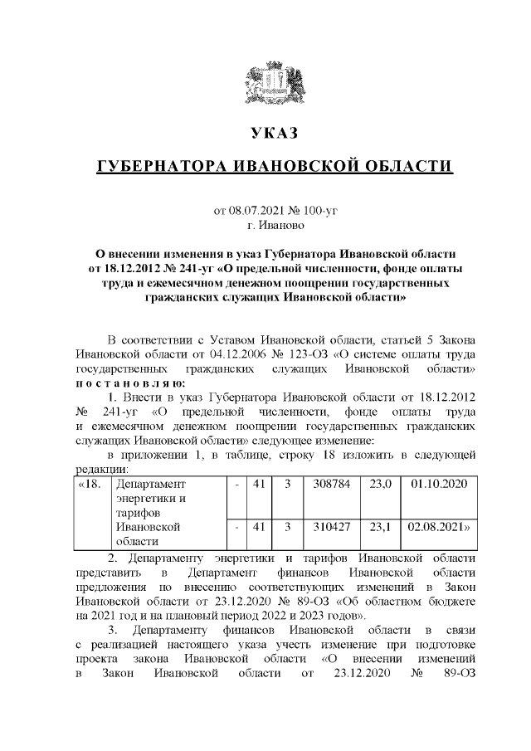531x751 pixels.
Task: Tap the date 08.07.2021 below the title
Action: [x=254, y=210]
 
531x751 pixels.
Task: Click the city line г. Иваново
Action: [x=275, y=225]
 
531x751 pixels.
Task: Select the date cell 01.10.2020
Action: [x=439, y=483]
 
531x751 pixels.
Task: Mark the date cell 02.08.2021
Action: [x=439, y=526]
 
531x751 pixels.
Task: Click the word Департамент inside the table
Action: [x=152, y=483]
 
